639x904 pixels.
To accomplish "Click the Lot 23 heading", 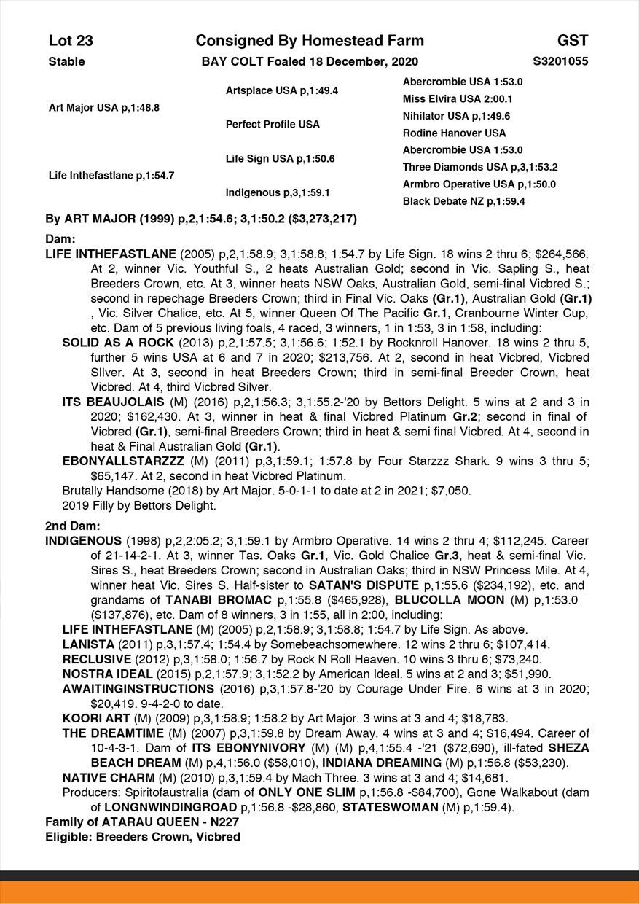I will [x=71, y=41].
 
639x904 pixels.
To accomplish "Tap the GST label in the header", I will [x=573, y=41].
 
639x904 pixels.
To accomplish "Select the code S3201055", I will [x=560, y=61].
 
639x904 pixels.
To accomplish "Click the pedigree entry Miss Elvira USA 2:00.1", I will [x=458, y=99].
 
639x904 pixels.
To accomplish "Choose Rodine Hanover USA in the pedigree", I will [x=454, y=133].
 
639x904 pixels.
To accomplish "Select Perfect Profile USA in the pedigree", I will [x=273, y=125].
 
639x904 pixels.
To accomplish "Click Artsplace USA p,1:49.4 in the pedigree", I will [x=281, y=91].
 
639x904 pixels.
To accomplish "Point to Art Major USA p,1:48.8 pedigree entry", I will [x=103, y=108].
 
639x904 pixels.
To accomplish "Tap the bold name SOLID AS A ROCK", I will [x=118, y=342].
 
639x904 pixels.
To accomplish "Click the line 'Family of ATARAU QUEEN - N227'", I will [x=142, y=822].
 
